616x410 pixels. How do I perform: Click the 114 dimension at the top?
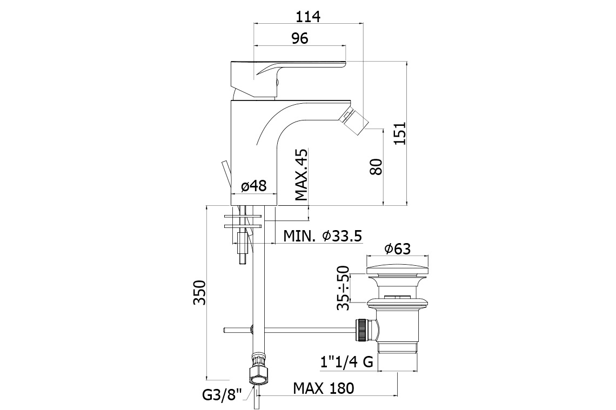pos(308,17)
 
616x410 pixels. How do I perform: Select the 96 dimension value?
pos(300,38)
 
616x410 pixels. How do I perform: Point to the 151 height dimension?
pos(400,133)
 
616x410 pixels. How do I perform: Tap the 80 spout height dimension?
pos(377,166)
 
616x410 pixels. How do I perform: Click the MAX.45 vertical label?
pos(302,174)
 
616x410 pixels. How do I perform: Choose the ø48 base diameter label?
pos(253,186)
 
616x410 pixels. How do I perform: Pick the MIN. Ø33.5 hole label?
pos(323,236)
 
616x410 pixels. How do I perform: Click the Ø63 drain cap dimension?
pos(398,248)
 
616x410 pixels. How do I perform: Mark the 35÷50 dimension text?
pos(343,288)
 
